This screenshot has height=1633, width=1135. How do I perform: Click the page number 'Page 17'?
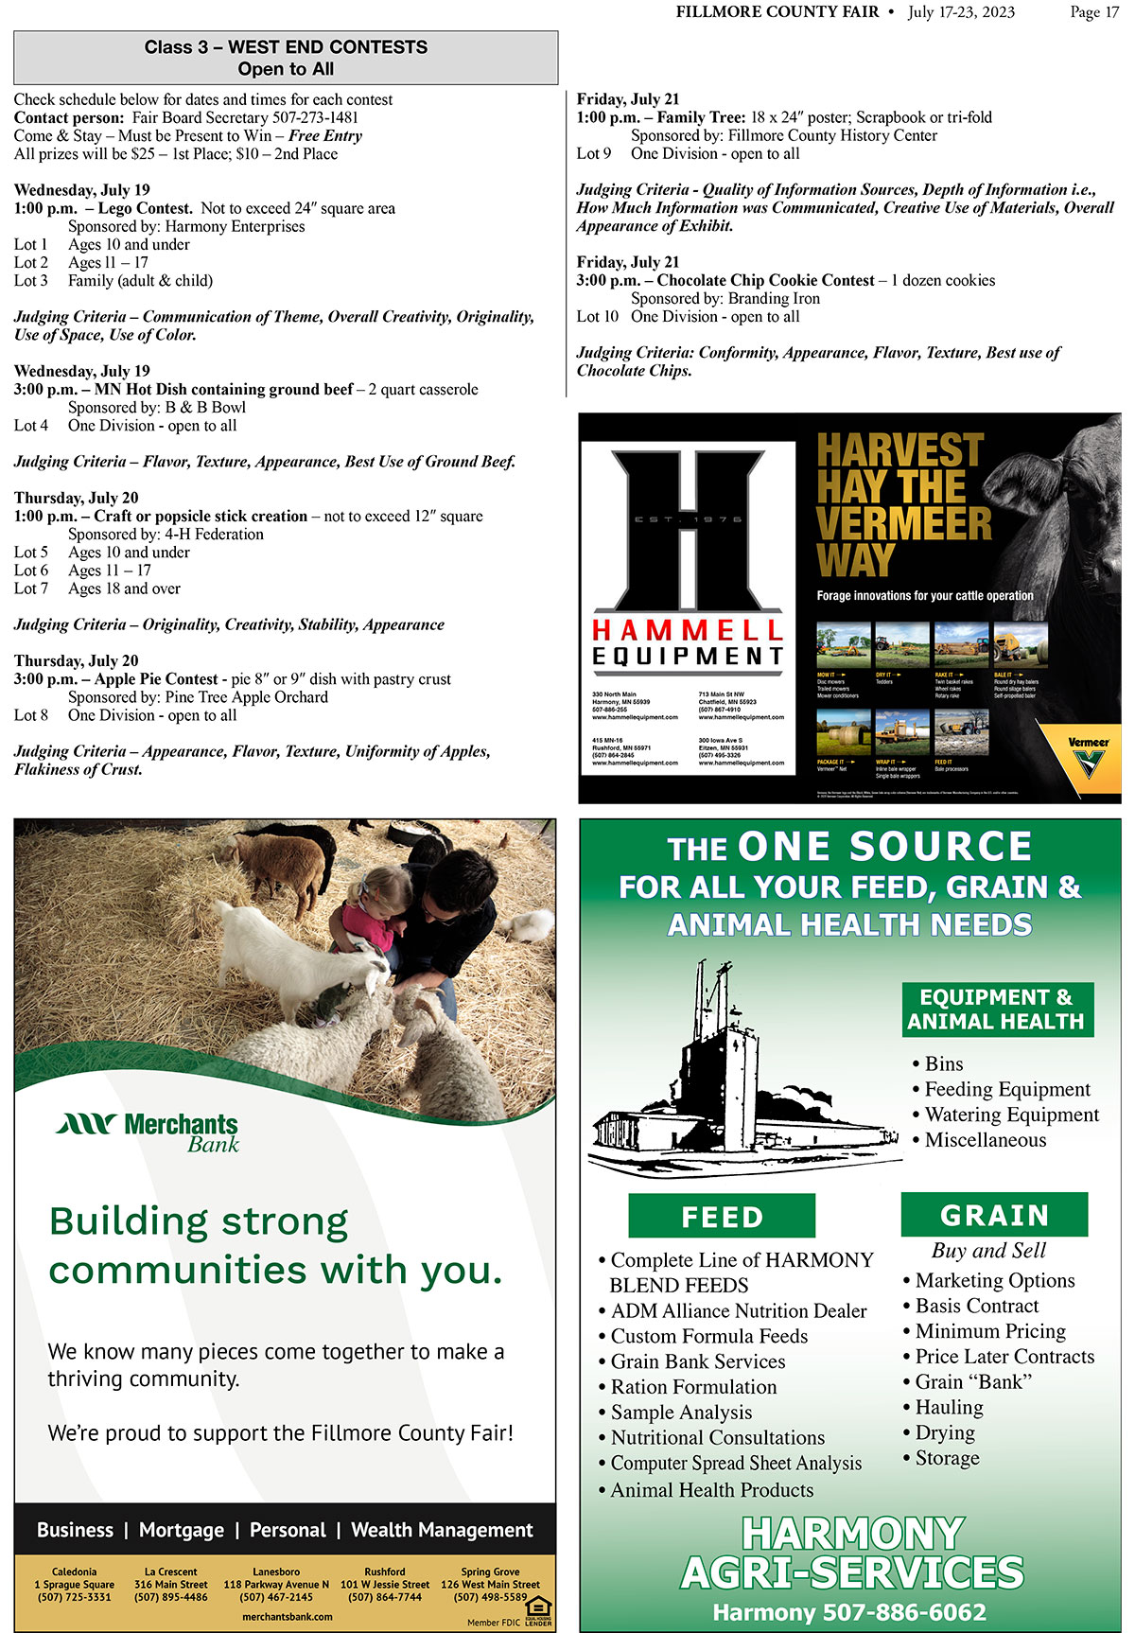point(1094,12)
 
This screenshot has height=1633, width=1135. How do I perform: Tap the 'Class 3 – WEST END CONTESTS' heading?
point(286,47)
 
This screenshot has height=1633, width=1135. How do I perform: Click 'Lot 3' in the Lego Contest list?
point(31,281)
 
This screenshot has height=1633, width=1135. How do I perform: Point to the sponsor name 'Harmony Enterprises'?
point(235,226)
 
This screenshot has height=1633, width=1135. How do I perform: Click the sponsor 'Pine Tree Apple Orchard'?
point(246,697)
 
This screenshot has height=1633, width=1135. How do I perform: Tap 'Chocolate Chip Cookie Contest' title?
point(765,280)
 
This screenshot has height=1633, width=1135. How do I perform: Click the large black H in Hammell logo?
point(688,530)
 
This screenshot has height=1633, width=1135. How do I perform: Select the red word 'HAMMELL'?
point(688,630)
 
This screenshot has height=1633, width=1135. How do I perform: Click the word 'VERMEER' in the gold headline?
point(903,523)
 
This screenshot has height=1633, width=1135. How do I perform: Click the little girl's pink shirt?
point(367,922)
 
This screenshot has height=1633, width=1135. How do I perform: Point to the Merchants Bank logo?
point(148,1132)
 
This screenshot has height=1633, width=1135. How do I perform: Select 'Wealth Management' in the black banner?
point(442,1530)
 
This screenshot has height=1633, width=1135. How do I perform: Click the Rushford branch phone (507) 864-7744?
point(385,1597)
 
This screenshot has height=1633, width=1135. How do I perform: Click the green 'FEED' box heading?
point(722,1217)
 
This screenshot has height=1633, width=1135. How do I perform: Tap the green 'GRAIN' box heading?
point(994,1215)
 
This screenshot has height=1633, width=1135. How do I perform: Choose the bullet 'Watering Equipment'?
point(1011,1115)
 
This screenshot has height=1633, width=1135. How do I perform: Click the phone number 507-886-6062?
point(904,1612)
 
